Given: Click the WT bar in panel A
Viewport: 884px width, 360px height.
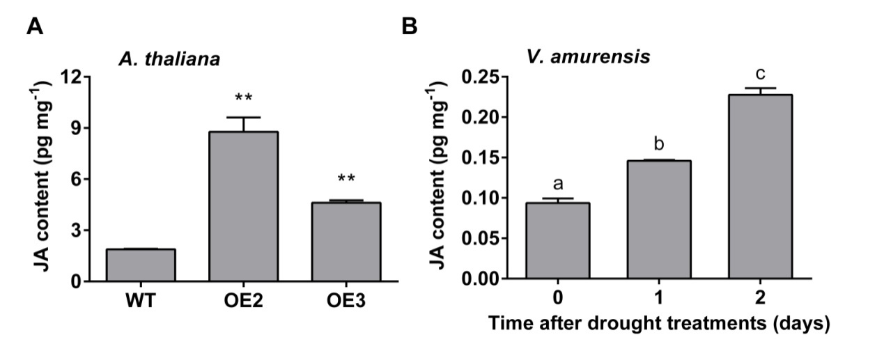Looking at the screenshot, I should (x=141, y=265).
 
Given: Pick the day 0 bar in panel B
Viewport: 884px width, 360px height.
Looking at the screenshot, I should (x=557, y=241).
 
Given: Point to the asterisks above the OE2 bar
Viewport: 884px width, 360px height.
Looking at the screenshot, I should (x=243, y=97).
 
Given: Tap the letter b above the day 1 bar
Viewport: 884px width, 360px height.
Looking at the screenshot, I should (x=659, y=144).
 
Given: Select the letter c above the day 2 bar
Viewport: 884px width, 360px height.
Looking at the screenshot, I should (x=760, y=72).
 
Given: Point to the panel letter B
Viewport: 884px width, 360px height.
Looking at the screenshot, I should (x=410, y=28).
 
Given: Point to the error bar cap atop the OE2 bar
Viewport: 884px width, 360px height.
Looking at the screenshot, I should (x=243, y=118).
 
